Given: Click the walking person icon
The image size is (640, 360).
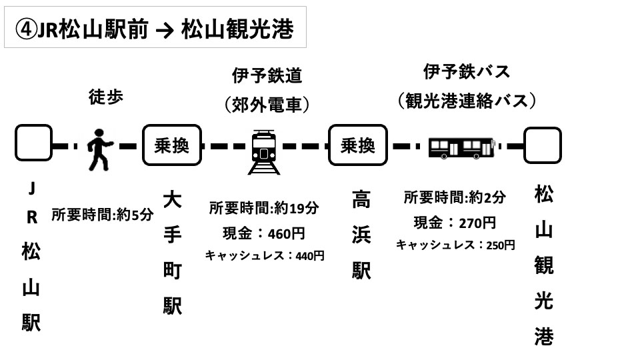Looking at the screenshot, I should (100, 149).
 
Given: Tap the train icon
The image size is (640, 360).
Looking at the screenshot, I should (264, 152).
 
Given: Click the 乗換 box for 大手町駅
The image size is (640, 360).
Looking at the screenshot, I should (171, 145).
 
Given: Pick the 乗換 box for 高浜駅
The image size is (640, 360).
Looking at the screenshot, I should (358, 145).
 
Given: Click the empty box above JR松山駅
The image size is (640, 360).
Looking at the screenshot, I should (33, 143).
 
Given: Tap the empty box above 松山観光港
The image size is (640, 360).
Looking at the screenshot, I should (542, 145).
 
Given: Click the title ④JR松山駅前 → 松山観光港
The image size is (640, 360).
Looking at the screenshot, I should (155, 28).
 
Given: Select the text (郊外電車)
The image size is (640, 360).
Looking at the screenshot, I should (267, 105).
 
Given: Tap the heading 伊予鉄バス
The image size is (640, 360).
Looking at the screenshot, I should (467, 71).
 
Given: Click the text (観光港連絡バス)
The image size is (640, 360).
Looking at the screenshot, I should (467, 101).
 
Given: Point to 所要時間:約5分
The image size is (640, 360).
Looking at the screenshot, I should (102, 215).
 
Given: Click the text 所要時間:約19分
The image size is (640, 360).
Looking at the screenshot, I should (264, 208).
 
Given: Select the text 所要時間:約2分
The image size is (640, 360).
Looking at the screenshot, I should (455, 197).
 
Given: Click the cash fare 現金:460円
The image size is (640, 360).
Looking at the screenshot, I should (264, 233).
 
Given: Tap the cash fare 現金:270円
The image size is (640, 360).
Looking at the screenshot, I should (455, 222).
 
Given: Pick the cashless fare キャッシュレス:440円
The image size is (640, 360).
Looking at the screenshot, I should (264, 255).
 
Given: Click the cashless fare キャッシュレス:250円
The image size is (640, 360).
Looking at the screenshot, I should (455, 245).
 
